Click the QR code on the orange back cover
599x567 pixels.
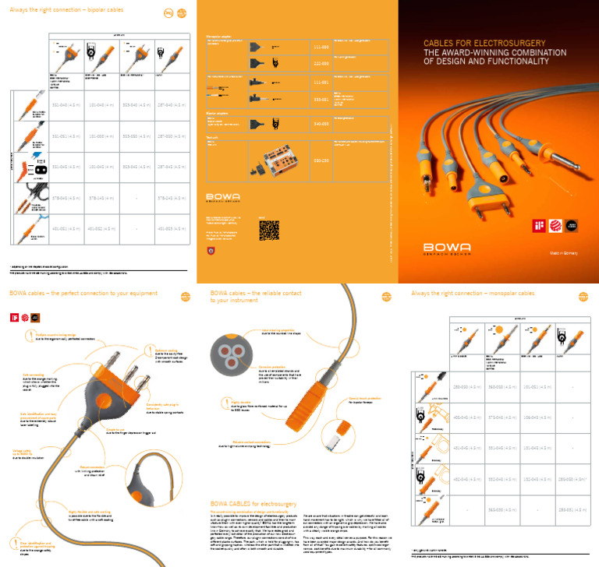[x=268, y=229]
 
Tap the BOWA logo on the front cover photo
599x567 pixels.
[x=448, y=248]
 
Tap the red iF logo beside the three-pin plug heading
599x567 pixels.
[x=12, y=318]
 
